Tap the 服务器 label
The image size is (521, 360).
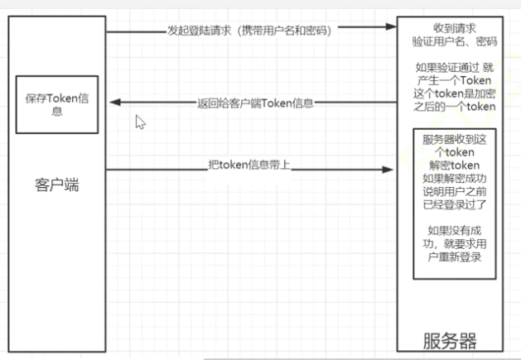pyautogui.click(x=450, y=340)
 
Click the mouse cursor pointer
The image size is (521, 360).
pyautogui.click(x=141, y=122)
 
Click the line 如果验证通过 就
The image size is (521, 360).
pyautogui.click(x=455, y=67)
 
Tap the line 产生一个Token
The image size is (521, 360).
pyautogui.click(x=455, y=80)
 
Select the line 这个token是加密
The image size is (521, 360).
pyautogui.click(x=455, y=94)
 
